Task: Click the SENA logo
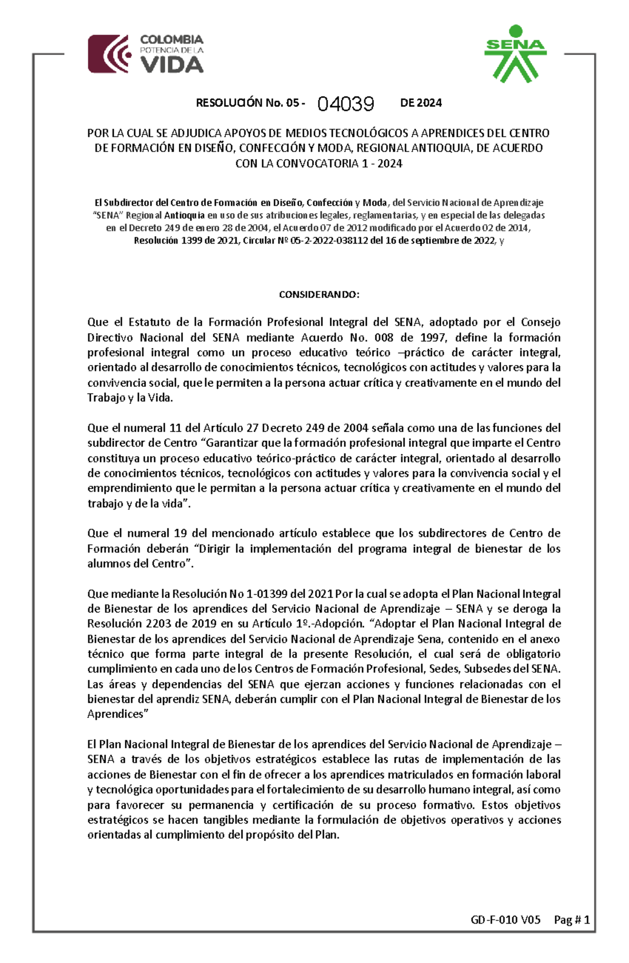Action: [x=515, y=54]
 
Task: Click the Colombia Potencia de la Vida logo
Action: [x=146, y=54]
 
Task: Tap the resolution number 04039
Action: [x=346, y=104]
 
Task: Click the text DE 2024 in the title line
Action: [x=421, y=103]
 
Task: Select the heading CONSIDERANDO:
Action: [x=319, y=294]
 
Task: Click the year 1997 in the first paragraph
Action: [x=433, y=337]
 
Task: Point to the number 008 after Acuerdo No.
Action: [x=384, y=337]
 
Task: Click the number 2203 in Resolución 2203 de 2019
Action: [x=158, y=624]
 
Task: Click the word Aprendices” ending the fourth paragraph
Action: [x=117, y=714]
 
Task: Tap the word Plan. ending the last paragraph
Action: [x=327, y=835]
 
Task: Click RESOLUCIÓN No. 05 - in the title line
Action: [x=251, y=103]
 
